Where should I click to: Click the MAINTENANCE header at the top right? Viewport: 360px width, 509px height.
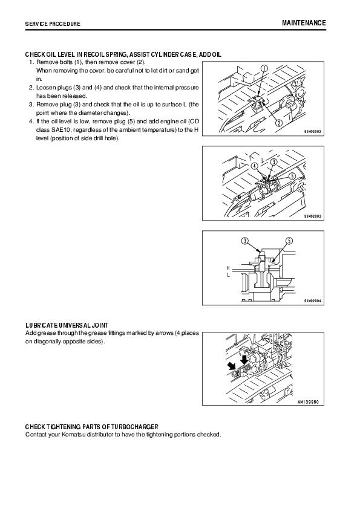click(x=304, y=23)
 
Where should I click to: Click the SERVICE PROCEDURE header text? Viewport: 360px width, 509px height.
click(x=53, y=24)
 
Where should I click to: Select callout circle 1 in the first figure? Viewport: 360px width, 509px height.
click(x=264, y=68)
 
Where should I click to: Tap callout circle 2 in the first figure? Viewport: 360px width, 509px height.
click(x=278, y=123)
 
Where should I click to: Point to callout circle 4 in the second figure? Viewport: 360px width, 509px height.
click(x=255, y=166)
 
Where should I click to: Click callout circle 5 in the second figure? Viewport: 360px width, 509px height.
click(x=292, y=176)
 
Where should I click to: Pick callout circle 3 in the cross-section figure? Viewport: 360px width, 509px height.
click(x=244, y=241)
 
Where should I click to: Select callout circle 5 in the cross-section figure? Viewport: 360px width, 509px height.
click(x=289, y=241)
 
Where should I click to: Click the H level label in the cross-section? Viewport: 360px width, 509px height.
click(x=229, y=268)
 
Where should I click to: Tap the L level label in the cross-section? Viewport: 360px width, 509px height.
click(x=229, y=275)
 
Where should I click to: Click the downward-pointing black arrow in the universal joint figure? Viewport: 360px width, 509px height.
click(x=244, y=360)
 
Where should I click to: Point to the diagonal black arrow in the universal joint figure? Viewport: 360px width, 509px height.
click(x=232, y=366)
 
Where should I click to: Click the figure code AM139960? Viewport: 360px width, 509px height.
click(x=309, y=402)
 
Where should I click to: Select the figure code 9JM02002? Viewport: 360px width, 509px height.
click(x=313, y=132)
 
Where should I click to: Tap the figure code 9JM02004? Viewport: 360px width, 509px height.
click(x=313, y=301)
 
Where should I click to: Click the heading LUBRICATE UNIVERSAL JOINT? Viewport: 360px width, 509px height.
click(x=67, y=325)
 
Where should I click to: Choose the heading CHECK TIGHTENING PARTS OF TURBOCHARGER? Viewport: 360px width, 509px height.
click(x=91, y=427)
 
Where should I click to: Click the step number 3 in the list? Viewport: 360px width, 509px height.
click(x=31, y=105)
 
